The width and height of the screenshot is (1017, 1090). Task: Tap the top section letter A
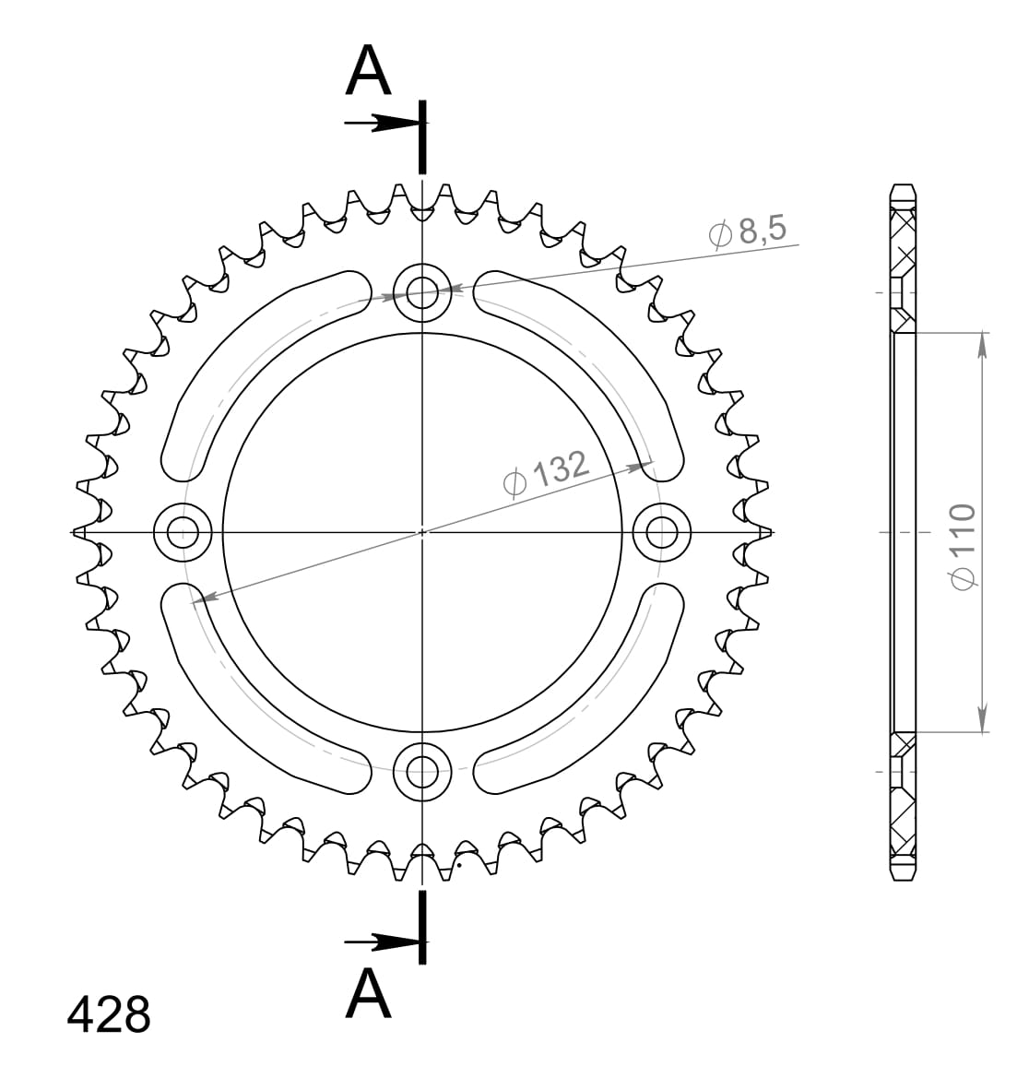click(x=369, y=72)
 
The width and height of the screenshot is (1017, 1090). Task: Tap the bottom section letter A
click(x=369, y=993)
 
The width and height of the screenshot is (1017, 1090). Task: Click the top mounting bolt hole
click(x=422, y=293)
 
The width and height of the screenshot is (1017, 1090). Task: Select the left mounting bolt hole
click(x=183, y=531)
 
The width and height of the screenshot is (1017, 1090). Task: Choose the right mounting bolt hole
click(x=661, y=531)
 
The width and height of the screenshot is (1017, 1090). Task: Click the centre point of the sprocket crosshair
click(x=422, y=531)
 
